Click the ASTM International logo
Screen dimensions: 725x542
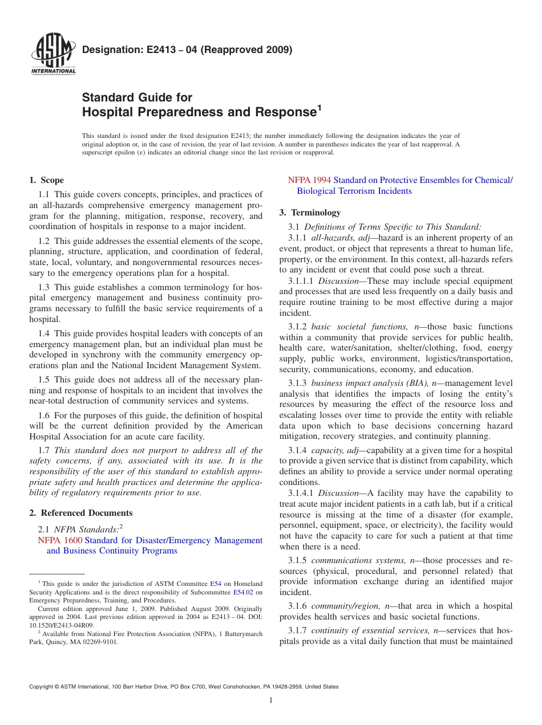pos(52,55)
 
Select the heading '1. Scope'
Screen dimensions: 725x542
pos(46,180)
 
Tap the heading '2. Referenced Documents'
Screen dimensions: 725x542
pos(81,513)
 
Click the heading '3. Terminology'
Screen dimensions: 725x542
pos(310,213)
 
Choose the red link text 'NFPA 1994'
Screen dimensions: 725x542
pos(309,180)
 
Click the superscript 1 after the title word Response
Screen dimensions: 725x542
pos(319,107)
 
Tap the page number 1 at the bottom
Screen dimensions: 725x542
pos(271,700)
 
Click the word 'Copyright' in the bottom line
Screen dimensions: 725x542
pos(43,687)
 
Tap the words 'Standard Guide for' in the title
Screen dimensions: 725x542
pos(137,97)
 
